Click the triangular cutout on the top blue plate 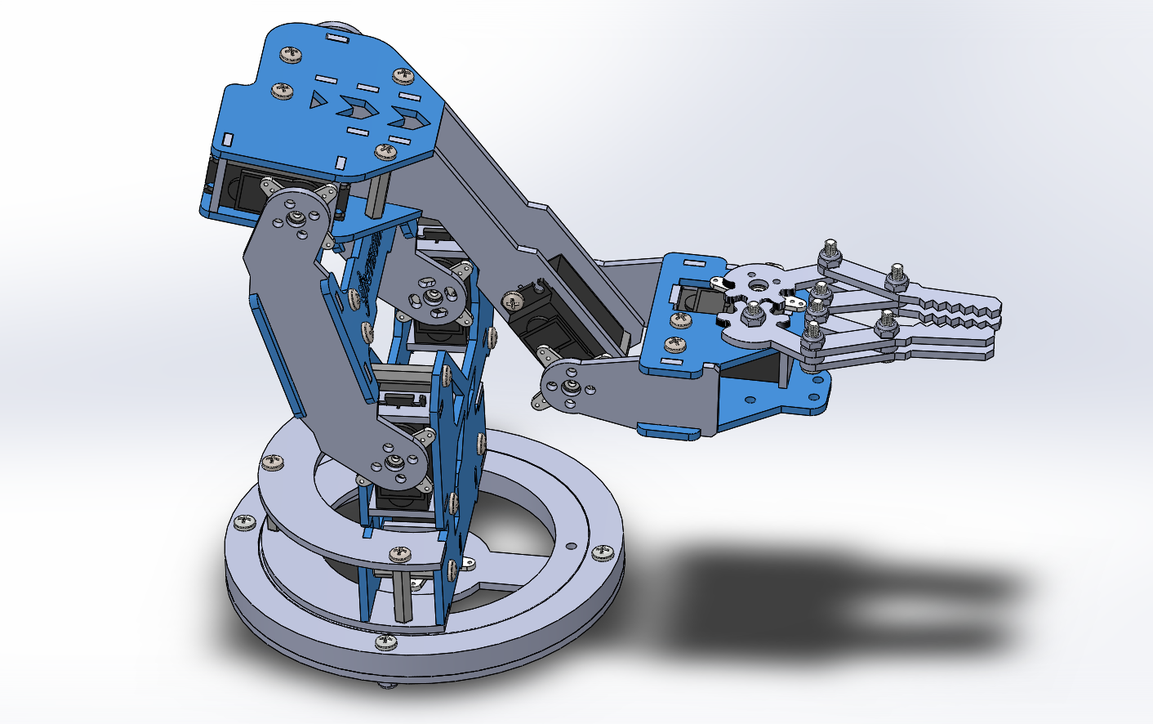317,101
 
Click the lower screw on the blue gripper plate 675,344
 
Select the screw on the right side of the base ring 603,553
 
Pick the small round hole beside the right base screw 572,546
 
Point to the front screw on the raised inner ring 399,554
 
